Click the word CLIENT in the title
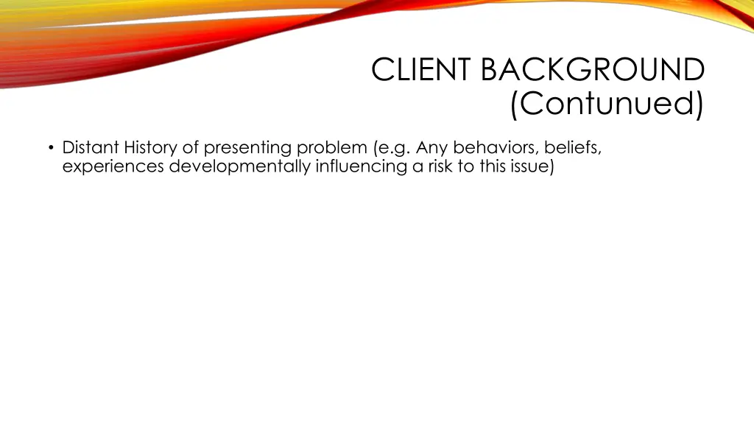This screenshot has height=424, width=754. click(422, 71)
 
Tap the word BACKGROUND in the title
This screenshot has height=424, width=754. click(593, 71)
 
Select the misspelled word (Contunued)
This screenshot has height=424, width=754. click(607, 105)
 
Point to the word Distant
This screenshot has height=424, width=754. click(90, 147)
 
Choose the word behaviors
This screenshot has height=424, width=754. click(496, 147)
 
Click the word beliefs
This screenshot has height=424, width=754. click(574, 147)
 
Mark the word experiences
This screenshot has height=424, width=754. click(113, 166)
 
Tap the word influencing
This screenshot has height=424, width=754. click(362, 166)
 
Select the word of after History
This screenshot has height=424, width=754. click(190, 147)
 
